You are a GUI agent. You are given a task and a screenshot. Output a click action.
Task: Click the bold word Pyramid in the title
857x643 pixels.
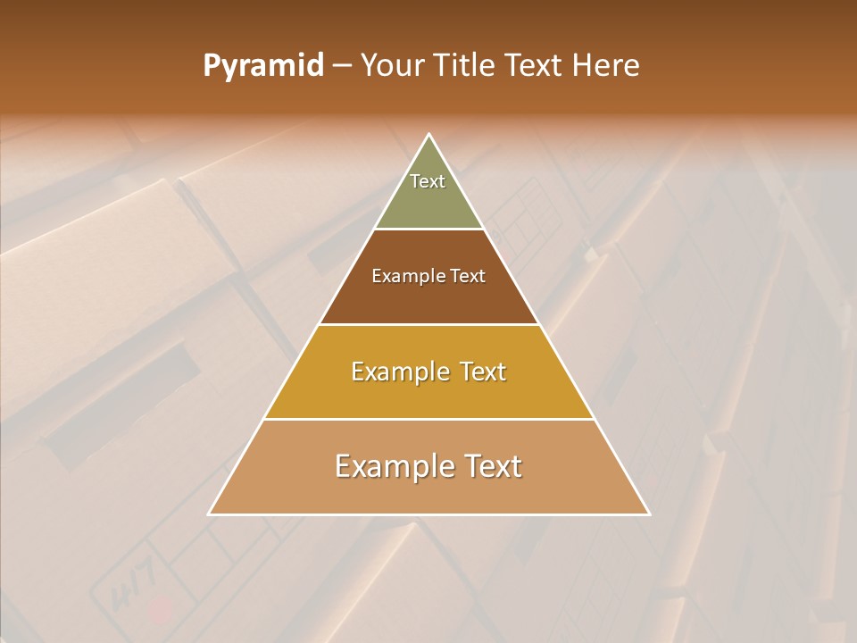pos(263,66)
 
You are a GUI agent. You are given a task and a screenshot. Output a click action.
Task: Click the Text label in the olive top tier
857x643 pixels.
pos(428,181)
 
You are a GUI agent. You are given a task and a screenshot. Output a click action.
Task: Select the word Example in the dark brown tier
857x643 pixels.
pos(406,276)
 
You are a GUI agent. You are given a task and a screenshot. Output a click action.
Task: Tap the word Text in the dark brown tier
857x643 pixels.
pos(467,276)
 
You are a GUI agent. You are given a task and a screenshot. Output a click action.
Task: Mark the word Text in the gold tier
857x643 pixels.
pos(483,372)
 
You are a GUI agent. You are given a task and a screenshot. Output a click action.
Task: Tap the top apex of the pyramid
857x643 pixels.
pos(429,135)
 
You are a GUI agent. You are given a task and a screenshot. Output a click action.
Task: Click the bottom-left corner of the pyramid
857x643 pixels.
pos(210,514)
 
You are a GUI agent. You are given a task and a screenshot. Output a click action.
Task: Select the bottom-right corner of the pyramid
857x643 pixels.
pos(649,514)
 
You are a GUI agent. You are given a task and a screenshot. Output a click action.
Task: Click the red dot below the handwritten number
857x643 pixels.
pos(161,611)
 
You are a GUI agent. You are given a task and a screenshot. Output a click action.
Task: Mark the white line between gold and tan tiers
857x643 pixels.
pos(429,419)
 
